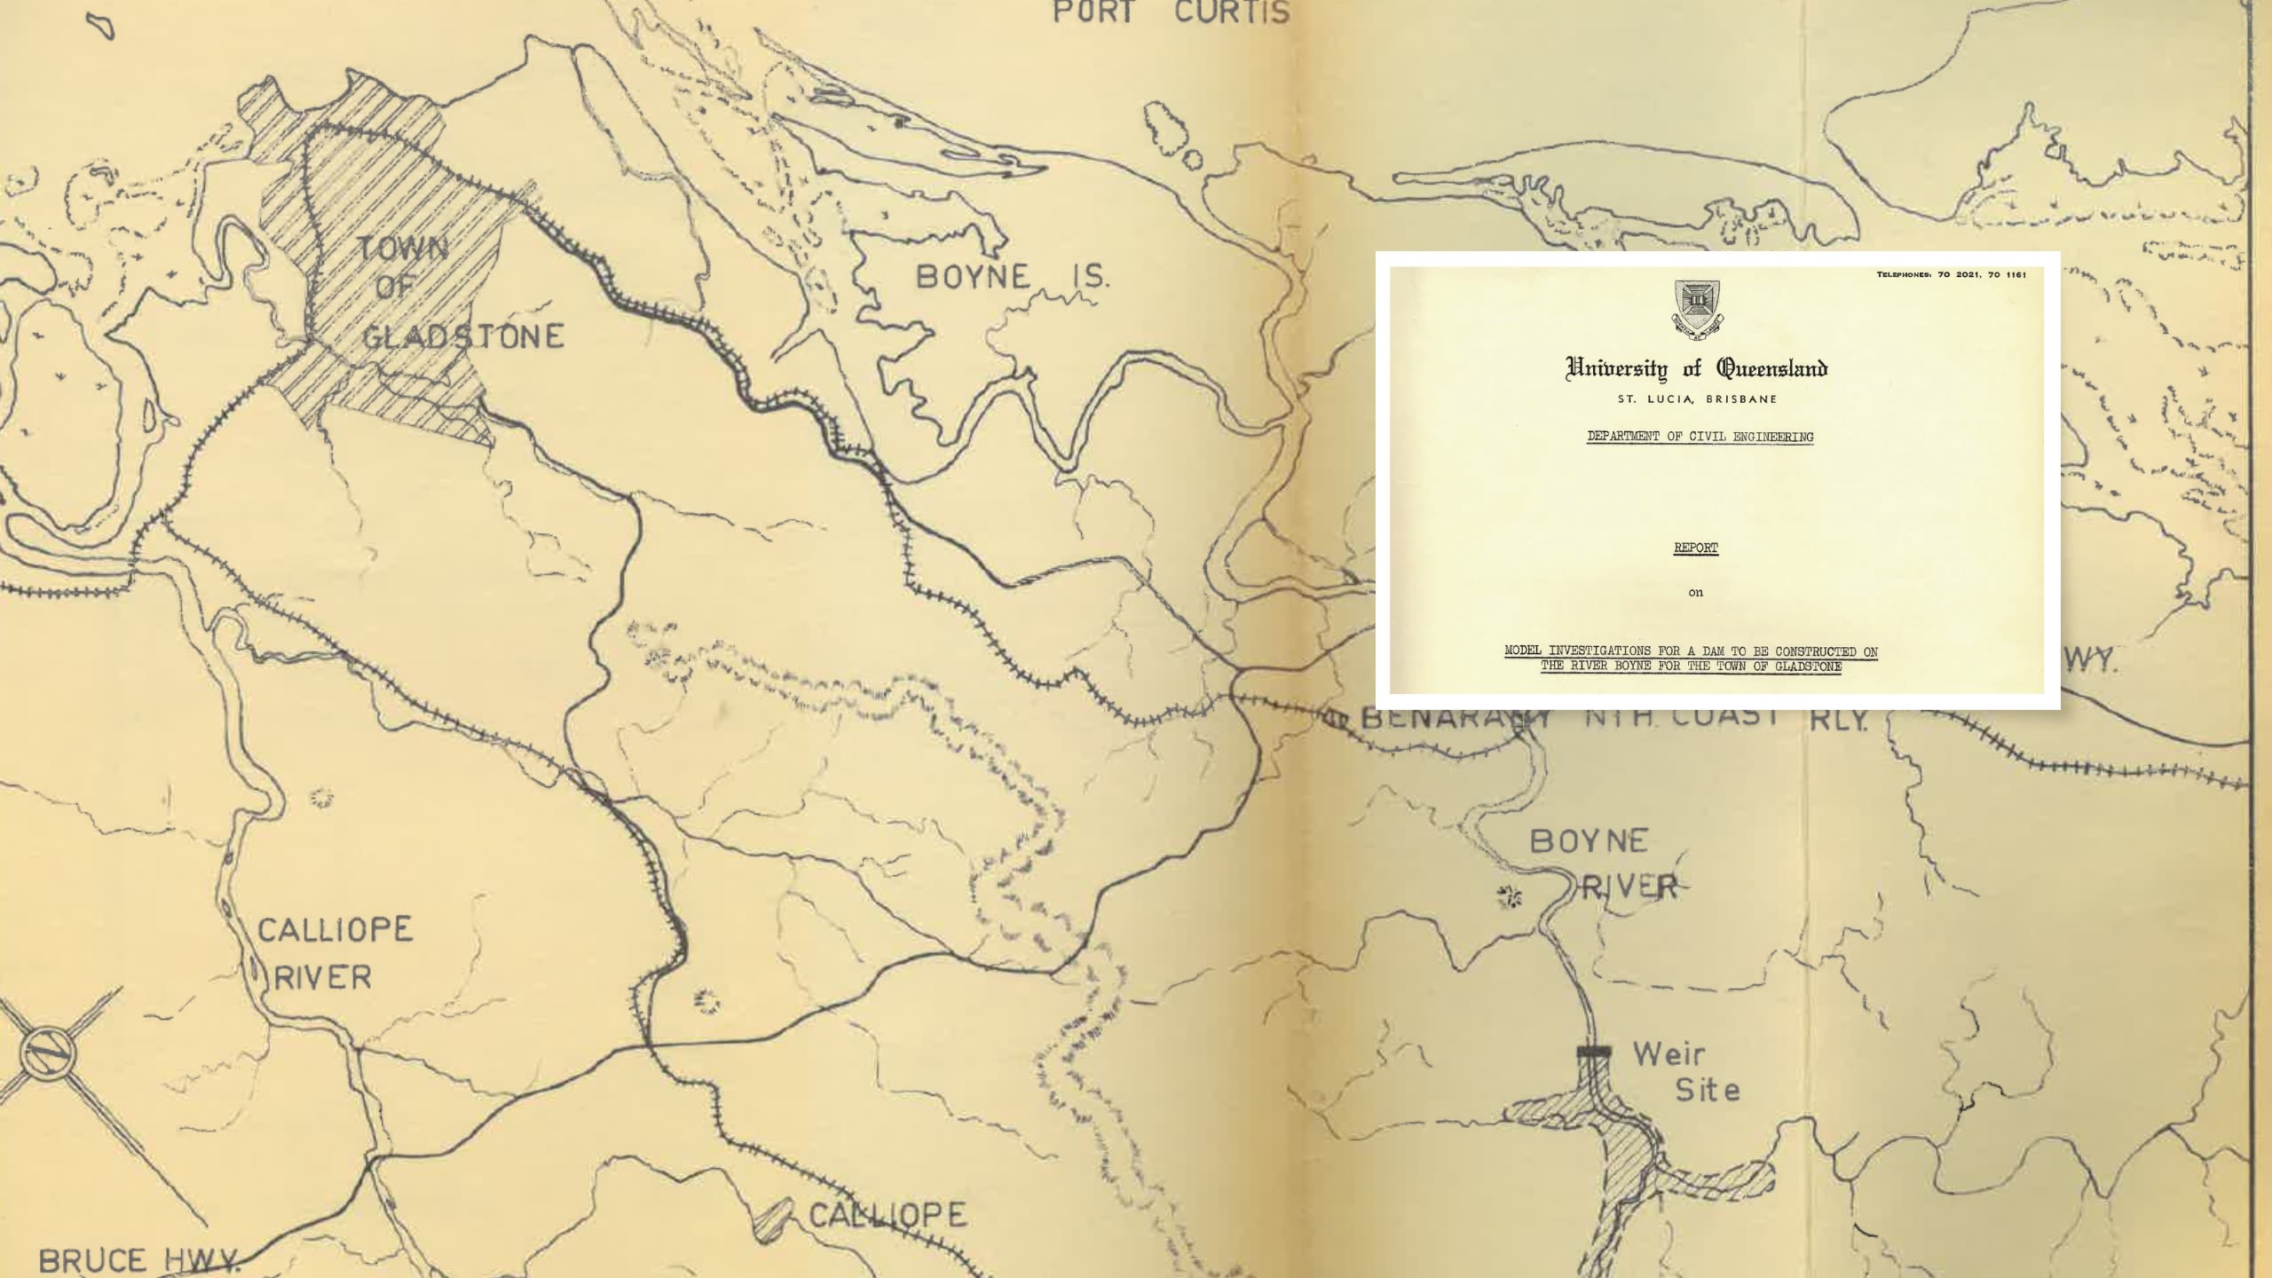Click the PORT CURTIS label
click(x=1171, y=12)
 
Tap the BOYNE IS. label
click(x=1012, y=276)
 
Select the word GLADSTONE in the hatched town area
click(x=462, y=336)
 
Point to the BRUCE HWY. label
click(x=138, y=1260)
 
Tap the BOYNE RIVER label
click(x=1602, y=863)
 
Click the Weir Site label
click(x=1684, y=1071)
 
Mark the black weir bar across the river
click(x=1594, y=1052)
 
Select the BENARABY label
click(x=1455, y=717)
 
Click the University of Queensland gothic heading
click(x=1696, y=368)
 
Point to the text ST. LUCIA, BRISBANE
click(x=1697, y=399)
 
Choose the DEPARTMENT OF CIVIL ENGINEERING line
click(x=1700, y=437)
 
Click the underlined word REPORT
click(x=1695, y=548)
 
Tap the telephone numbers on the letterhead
click(x=1951, y=275)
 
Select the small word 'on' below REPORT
click(x=1695, y=593)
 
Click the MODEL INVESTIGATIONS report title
click(x=1691, y=659)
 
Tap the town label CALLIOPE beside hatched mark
click(x=887, y=1214)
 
